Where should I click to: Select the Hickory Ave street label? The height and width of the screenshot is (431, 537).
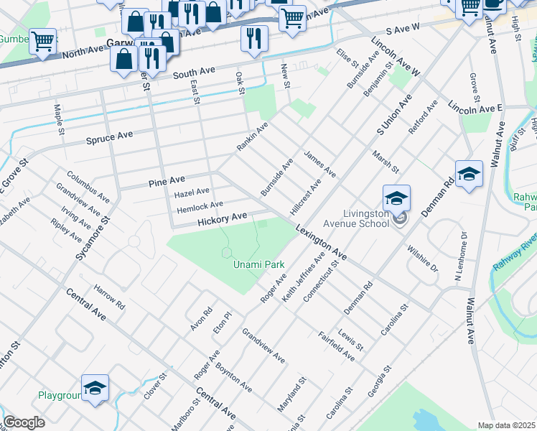(223, 217)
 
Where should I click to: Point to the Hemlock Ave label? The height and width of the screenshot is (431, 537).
(200, 205)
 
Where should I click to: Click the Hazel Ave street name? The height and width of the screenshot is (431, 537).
(192, 192)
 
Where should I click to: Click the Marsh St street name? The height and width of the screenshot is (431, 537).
(386, 161)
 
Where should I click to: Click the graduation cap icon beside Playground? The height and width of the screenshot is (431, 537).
(95, 388)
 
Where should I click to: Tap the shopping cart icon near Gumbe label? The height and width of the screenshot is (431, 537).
(42, 42)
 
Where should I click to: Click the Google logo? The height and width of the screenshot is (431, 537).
(24, 422)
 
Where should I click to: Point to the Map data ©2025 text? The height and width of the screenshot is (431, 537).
(506, 425)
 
